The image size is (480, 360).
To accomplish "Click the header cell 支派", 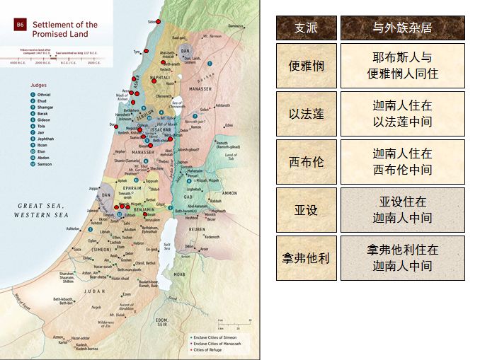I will click(x=305, y=28).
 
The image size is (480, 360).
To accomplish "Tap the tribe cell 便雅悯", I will click(x=305, y=66).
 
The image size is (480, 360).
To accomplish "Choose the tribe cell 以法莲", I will click(x=305, y=114).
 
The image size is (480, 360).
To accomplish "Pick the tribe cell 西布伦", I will click(x=305, y=162).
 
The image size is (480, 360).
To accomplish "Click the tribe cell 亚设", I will click(x=305, y=210).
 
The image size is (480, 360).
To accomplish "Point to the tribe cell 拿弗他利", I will click(x=305, y=258).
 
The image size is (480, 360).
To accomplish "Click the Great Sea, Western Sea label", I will click(x=41, y=209).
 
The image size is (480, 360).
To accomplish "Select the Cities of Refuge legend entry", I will click(x=209, y=349).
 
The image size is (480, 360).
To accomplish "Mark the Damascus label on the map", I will click(x=236, y=26).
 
